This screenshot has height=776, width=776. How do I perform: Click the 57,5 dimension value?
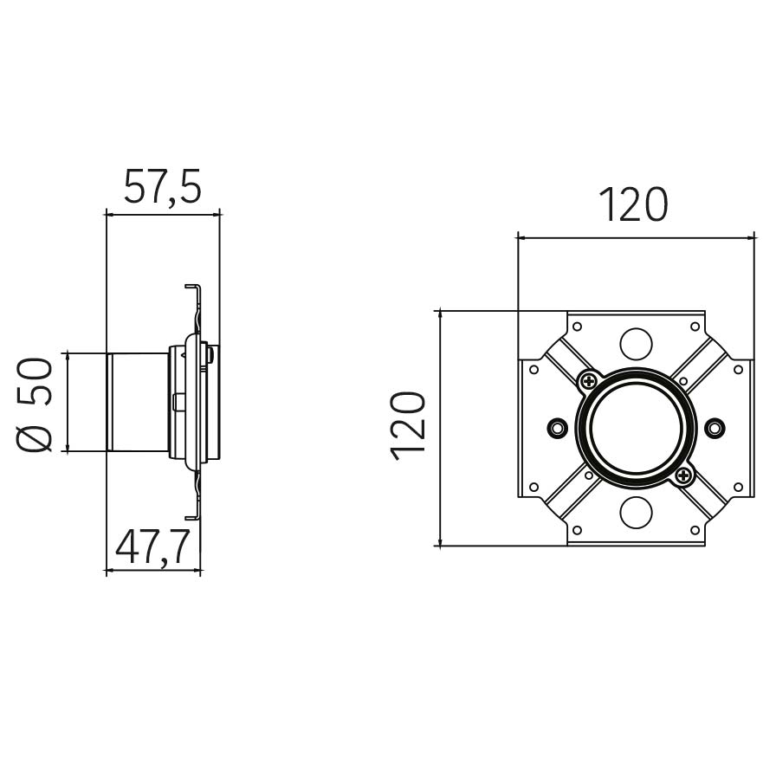[x=162, y=186]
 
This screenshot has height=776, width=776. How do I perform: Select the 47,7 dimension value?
[x=153, y=546]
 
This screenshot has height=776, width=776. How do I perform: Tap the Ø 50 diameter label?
[x=34, y=404]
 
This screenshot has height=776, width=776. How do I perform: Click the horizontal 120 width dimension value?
[x=633, y=204]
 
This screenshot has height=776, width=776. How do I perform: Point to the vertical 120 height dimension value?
[x=408, y=426]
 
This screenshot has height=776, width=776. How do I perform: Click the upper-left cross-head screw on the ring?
[x=589, y=380]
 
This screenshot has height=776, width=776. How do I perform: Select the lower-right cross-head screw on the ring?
[x=683, y=475]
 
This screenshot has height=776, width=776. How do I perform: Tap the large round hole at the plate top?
[x=636, y=344]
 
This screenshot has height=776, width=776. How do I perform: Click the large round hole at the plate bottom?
[x=636, y=512]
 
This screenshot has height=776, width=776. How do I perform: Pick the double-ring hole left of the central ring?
[x=558, y=427]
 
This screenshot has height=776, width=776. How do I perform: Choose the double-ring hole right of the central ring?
[x=715, y=427]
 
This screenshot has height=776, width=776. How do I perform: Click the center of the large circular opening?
[x=636, y=428]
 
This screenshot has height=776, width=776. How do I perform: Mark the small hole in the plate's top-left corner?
[x=577, y=327]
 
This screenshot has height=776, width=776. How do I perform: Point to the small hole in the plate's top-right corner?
[x=695, y=327]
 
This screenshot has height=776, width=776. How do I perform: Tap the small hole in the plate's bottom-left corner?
[x=577, y=530]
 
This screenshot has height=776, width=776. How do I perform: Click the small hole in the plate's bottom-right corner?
[x=695, y=530]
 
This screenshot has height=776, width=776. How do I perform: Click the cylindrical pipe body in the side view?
[x=138, y=403]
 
